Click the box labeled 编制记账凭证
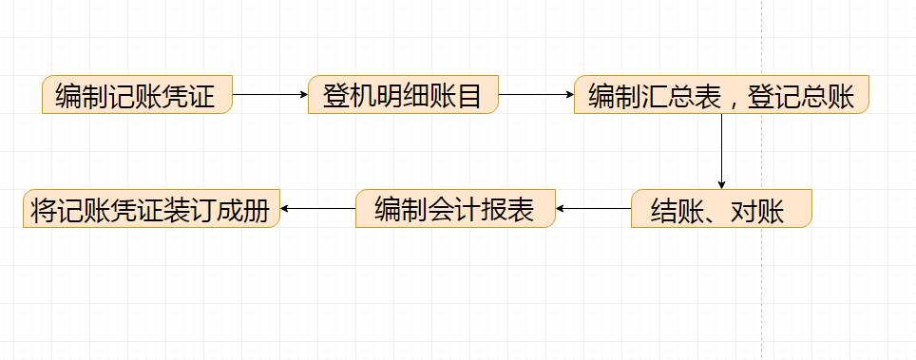click(x=137, y=95)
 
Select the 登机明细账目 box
click(x=403, y=95)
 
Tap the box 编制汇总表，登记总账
click(x=720, y=95)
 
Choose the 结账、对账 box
click(x=720, y=209)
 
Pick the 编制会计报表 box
click(x=454, y=209)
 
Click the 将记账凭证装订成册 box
click(x=152, y=209)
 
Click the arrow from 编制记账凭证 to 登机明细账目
click(x=271, y=95)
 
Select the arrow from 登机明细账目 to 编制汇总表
click(x=537, y=95)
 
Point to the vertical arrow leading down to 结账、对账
click(x=721, y=152)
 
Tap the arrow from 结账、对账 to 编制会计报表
click(x=594, y=209)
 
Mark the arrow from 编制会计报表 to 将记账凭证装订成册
click(x=318, y=209)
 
